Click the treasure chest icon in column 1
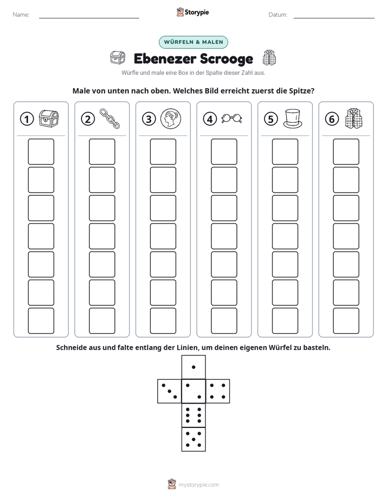(x=49, y=119)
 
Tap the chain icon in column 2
(x=109, y=119)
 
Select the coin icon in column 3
(x=171, y=119)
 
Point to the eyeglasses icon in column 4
(x=231, y=119)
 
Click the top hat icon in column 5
(x=293, y=119)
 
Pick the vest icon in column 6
(x=354, y=119)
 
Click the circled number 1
(x=27, y=119)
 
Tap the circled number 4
(x=210, y=119)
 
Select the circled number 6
(x=332, y=119)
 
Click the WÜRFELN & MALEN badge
(x=193, y=42)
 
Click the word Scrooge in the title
(x=223, y=59)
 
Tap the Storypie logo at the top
(x=192, y=12)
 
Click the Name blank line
(x=89, y=18)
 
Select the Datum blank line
(x=334, y=18)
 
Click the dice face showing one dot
(x=193, y=367)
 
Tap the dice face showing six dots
(x=193, y=415)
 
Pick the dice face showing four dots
(x=218, y=391)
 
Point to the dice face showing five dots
(x=193, y=439)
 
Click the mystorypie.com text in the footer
(x=198, y=485)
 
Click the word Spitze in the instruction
(x=301, y=91)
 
